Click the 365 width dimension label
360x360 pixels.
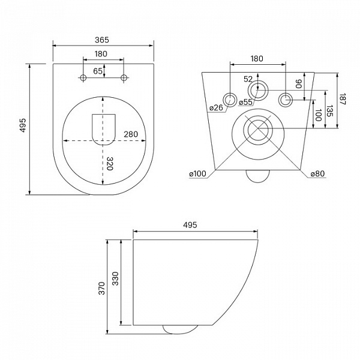pos(102,40)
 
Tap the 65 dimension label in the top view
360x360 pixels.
pos(98,71)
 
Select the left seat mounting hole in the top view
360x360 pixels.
pos(83,78)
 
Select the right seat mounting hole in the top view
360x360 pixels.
pos(124,78)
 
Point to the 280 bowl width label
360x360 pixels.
pos(131,134)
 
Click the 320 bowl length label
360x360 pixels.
pos(110,163)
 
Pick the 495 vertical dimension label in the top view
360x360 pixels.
pos(23,125)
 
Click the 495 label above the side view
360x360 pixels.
pos(190,225)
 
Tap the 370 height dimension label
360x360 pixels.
pos(101,289)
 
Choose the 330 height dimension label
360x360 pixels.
pos(115,278)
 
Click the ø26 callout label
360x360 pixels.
pos(216,107)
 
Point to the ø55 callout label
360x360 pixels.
pos(245,102)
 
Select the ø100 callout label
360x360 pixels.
pos(197,173)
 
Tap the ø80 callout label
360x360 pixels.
pos(318,173)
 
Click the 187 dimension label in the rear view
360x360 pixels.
pos(342,99)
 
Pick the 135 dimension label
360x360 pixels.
pos(329,111)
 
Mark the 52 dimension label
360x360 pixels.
pos(248,79)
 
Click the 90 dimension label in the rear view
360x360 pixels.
pos(298,84)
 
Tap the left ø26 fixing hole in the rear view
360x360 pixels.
pos(230,100)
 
